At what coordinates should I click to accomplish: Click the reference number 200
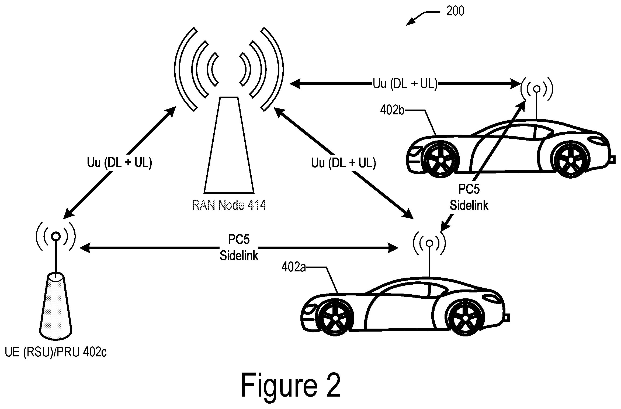pyautogui.click(x=455, y=11)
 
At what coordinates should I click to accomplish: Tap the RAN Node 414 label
pyautogui.click(x=229, y=205)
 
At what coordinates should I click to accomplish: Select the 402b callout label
pyautogui.click(x=392, y=110)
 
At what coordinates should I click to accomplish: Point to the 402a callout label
pyautogui.click(x=294, y=267)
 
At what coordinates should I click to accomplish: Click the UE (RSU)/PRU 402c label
pyautogui.click(x=56, y=352)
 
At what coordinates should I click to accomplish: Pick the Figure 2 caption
pyautogui.click(x=291, y=386)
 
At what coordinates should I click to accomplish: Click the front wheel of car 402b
pyautogui.click(x=571, y=160)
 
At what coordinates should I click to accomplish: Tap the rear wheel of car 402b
pyautogui.click(x=441, y=160)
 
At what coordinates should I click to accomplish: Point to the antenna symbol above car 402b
pyautogui.click(x=537, y=89)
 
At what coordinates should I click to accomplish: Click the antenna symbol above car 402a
pyautogui.click(x=429, y=243)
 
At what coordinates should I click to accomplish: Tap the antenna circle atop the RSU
pyautogui.click(x=56, y=236)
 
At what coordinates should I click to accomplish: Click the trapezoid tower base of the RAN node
pyautogui.click(x=229, y=145)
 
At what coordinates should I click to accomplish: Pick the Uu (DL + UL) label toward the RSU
pyautogui.click(x=119, y=163)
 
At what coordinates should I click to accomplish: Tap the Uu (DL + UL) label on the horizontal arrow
pyautogui.click(x=405, y=84)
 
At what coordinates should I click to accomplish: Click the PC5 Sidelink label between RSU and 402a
pyautogui.click(x=239, y=247)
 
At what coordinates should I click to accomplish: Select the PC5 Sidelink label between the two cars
pyautogui.click(x=469, y=197)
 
